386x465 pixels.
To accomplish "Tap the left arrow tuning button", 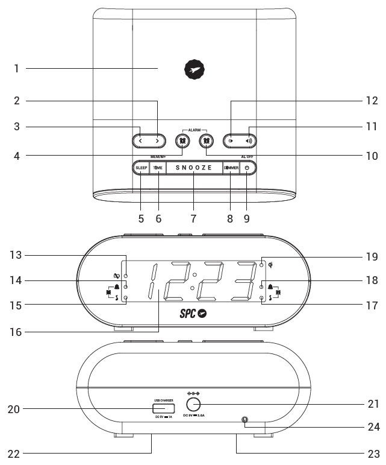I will [140, 141].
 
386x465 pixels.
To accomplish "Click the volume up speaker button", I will [249, 141].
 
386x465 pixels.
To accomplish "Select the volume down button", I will [231, 141].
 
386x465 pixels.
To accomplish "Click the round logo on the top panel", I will [193, 70].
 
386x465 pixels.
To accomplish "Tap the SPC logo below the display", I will [194, 314].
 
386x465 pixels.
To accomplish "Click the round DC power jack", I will [193, 405].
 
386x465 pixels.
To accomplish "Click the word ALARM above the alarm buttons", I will [194, 129].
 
